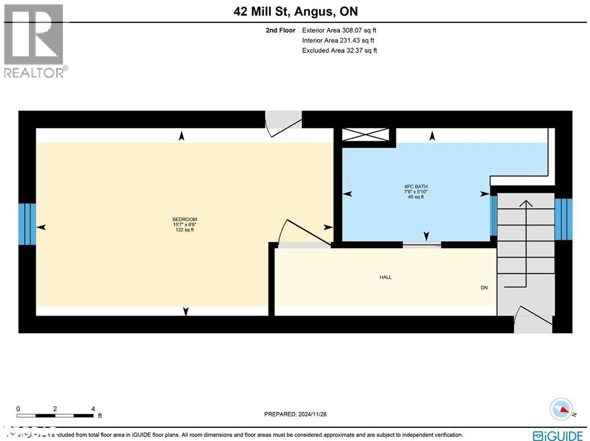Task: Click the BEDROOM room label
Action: pos(184,219)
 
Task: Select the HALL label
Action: pos(385,277)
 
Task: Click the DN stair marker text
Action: pos(484,287)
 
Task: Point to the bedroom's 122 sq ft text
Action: pos(184,230)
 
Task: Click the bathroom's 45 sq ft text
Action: pos(415,197)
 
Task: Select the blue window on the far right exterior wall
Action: pos(563,219)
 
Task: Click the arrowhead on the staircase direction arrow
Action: pos(525,203)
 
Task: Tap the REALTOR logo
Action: pos(35,40)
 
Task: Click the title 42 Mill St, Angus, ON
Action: pos(295,12)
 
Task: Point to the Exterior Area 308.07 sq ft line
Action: pos(339,30)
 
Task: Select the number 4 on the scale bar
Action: pos(93,409)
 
